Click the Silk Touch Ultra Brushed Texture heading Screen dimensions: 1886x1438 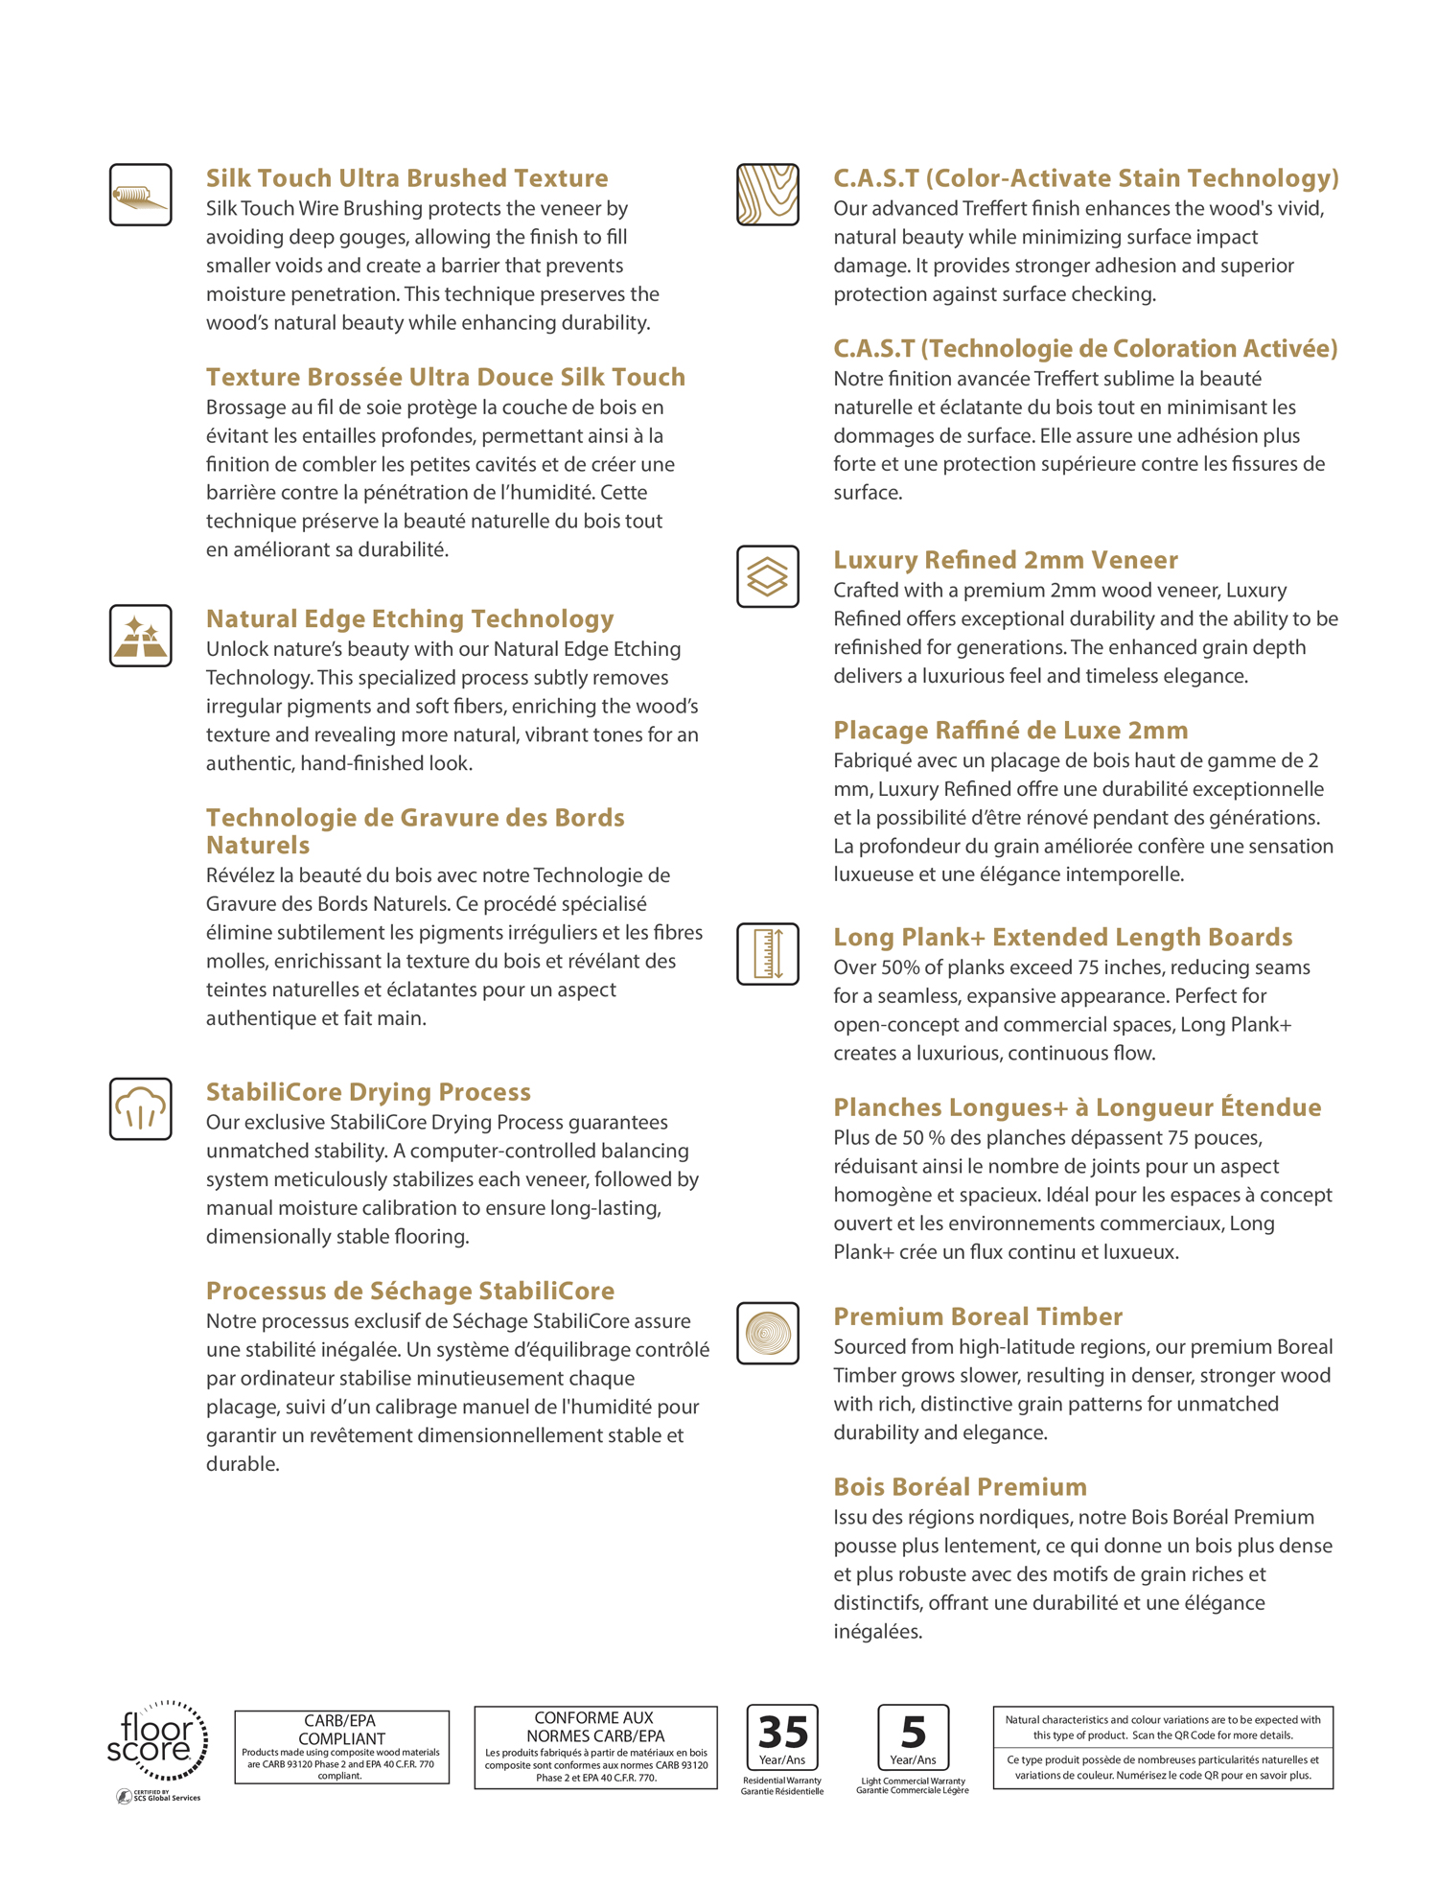(406, 178)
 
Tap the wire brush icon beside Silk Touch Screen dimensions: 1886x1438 (140, 195)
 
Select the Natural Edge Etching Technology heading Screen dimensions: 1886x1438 (409, 618)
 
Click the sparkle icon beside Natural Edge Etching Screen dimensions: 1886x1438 (140, 636)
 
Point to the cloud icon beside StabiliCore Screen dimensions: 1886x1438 (140, 1108)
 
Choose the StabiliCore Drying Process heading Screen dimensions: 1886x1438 (368, 1092)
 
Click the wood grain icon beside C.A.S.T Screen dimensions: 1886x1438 (767, 195)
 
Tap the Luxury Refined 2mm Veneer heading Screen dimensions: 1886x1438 (1005, 560)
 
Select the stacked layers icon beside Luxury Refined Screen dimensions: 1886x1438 (767, 576)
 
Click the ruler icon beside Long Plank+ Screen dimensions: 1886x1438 (767, 954)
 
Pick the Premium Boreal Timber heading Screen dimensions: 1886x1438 (977, 1316)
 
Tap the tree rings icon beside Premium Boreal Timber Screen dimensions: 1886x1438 (767, 1333)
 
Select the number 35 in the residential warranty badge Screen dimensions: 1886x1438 (782, 1732)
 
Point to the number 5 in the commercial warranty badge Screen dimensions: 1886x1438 (913, 1732)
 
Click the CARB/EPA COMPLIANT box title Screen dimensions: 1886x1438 (341, 1729)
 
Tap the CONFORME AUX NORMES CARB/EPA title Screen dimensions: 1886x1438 (594, 1726)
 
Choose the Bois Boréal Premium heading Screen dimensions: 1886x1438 (960, 1487)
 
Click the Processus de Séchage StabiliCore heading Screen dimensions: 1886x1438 (409, 1291)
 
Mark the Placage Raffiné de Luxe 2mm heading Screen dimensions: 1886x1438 (1009, 731)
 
